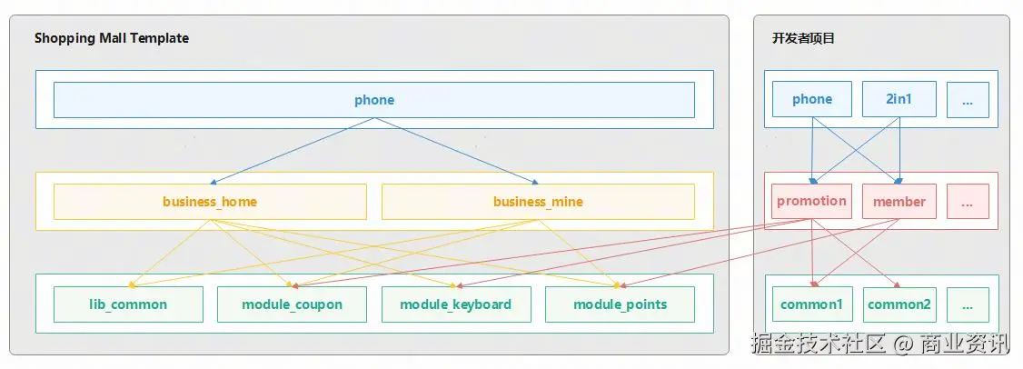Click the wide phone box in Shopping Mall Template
click(373, 100)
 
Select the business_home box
click(210, 202)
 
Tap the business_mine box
click(538, 202)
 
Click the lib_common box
click(128, 304)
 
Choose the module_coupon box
click(292, 304)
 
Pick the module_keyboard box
click(455, 304)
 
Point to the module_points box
click(620, 304)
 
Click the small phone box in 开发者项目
click(811, 100)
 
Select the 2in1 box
click(899, 100)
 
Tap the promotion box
click(811, 201)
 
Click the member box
click(899, 201)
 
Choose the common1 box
click(811, 304)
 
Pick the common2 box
click(899, 304)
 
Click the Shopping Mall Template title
click(112, 38)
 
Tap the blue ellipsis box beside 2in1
click(968, 100)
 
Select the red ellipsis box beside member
click(968, 201)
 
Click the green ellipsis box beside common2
click(968, 304)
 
